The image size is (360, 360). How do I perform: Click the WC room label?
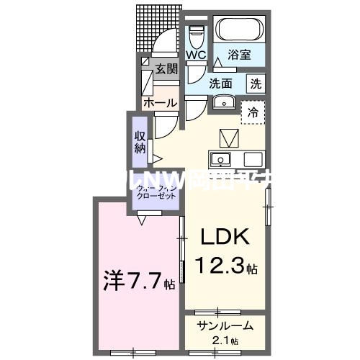(x=196, y=55)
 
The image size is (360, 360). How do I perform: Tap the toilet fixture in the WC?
(x=197, y=35)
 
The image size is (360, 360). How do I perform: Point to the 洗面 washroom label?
(x=220, y=83)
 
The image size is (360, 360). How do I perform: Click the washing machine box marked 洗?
(x=256, y=83)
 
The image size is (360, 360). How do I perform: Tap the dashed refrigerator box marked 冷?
(x=253, y=112)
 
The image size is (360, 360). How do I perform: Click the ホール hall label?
(x=159, y=103)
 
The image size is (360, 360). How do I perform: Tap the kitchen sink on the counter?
(x=220, y=159)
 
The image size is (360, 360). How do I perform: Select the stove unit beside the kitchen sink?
(x=253, y=159)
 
